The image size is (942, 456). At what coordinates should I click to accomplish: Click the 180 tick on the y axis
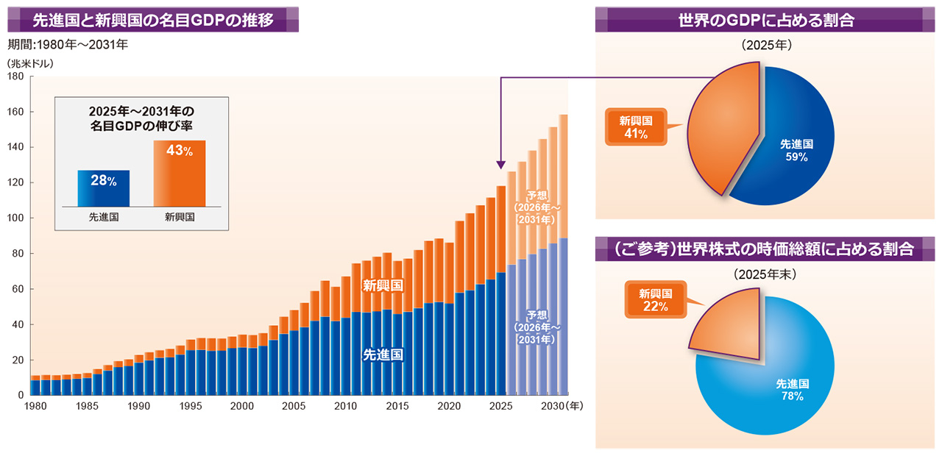[15, 76]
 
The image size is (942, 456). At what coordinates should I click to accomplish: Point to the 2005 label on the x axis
[294, 406]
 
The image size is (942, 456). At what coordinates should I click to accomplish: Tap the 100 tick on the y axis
[15, 218]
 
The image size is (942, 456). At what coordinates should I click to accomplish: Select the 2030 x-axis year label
[553, 406]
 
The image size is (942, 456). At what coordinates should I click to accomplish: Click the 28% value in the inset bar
[104, 180]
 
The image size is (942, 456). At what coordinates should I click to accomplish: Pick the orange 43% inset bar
[180, 173]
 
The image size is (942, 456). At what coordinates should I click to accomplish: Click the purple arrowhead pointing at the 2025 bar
[500, 165]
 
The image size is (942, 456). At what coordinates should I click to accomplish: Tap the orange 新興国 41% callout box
[636, 127]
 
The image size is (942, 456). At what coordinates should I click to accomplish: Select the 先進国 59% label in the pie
[796, 151]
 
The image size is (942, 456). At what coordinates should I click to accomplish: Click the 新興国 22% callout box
[656, 299]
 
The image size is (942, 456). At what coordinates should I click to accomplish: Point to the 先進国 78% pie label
[793, 390]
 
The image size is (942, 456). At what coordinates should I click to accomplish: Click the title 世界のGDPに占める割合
[766, 20]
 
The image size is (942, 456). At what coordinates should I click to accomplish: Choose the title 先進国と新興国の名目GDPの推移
[153, 20]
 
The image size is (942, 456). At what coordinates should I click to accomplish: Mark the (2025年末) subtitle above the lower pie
[765, 274]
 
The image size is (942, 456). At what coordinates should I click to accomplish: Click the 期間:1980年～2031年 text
[68, 45]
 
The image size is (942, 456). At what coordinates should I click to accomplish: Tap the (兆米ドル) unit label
[30, 63]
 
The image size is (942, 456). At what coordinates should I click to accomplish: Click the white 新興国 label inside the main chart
[383, 286]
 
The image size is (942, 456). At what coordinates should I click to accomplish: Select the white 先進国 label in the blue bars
[383, 355]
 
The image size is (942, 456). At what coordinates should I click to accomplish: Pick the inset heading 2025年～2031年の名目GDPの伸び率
[142, 118]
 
